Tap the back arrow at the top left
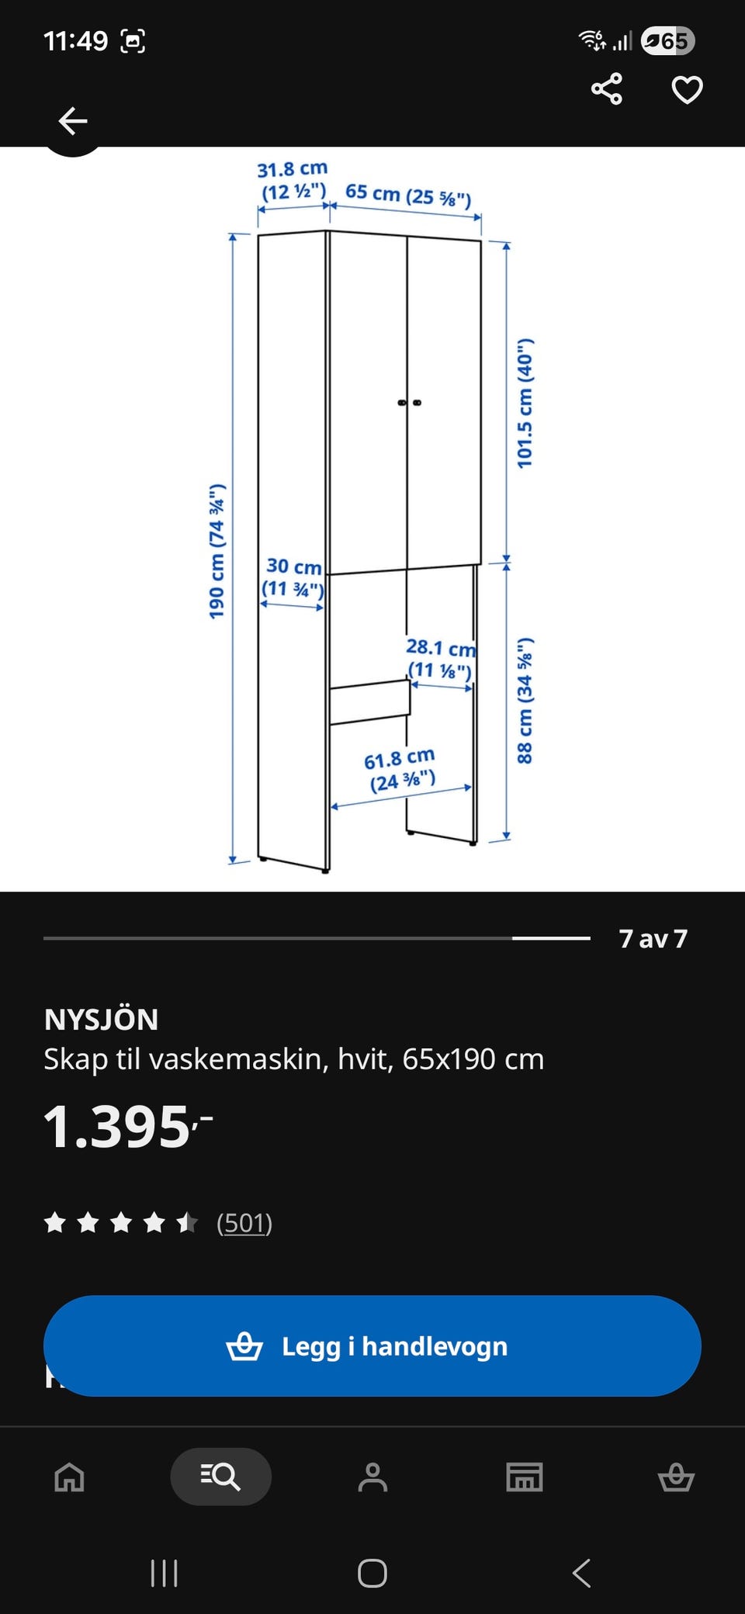point(73,121)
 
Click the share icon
point(607,89)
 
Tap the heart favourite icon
point(687,90)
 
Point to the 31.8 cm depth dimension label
point(293,180)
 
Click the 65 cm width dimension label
point(408,196)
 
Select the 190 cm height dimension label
point(217,551)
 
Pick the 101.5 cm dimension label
point(525,403)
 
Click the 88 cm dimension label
point(525,700)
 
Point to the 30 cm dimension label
point(293,577)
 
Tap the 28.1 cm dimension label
point(441,658)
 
